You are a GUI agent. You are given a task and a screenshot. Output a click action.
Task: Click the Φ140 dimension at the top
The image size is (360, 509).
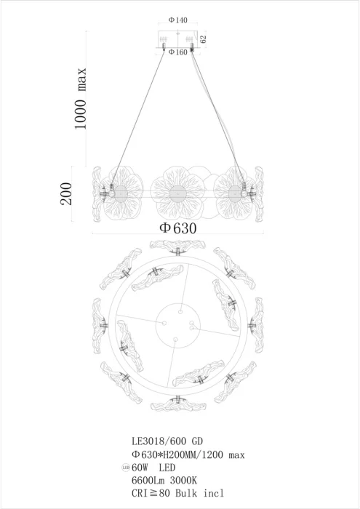coord(178,20)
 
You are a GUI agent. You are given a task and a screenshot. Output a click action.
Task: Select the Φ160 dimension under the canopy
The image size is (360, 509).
coord(178,52)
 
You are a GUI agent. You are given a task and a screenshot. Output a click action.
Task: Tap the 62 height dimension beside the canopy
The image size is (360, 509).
coord(203,39)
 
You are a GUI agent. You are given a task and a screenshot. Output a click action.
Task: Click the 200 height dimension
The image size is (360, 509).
coord(66,193)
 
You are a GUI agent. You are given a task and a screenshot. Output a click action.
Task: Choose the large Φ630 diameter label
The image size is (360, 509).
coord(178,228)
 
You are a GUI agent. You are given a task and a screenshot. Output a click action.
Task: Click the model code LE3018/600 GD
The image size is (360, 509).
coord(167,441)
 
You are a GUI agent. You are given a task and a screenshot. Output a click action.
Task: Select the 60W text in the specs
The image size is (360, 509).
coord(140,468)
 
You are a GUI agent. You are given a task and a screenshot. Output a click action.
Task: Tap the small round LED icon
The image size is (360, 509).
coord(126,468)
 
